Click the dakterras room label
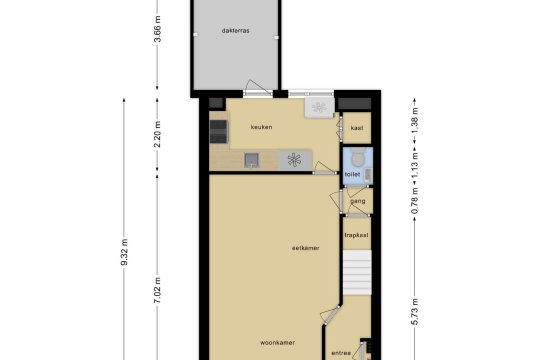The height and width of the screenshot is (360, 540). pyautogui.click(x=236, y=31)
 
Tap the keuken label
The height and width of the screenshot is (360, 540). pyautogui.click(x=261, y=127)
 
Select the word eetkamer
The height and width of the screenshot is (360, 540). pyautogui.click(x=305, y=248)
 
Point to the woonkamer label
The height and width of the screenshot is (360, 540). pyautogui.click(x=277, y=343)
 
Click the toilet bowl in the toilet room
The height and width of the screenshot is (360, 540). pyautogui.click(x=357, y=158)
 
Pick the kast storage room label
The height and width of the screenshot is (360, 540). pyautogui.click(x=357, y=128)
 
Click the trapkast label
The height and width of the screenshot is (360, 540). pyautogui.click(x=356, y=235)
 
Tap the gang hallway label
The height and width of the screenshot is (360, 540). pyautogui.click(x=357, y=201)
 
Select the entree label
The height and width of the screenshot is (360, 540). pyautogui.click(x=341, y=353)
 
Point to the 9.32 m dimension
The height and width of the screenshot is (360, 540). pyautogui.click(x=124, y=252)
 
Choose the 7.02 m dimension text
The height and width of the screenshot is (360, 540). pyautogui.click(x=157, y=290)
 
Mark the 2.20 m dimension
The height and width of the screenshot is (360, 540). pyautogui.click(x=157, y=134)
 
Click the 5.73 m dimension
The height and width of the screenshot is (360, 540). pyautogui.click(x=415, y=312)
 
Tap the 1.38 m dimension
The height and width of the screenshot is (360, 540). pyautogui.click(x=415, y=121)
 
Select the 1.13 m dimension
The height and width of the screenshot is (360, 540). pyautogui.click(x=415, y=165)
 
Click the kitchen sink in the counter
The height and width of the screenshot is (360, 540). pyautogui.click(x=251, y=160)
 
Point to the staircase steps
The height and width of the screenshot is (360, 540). pyautogui.click(x=357, y=272)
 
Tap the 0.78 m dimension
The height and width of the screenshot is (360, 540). pyautogui.click(x=415, y=200)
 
